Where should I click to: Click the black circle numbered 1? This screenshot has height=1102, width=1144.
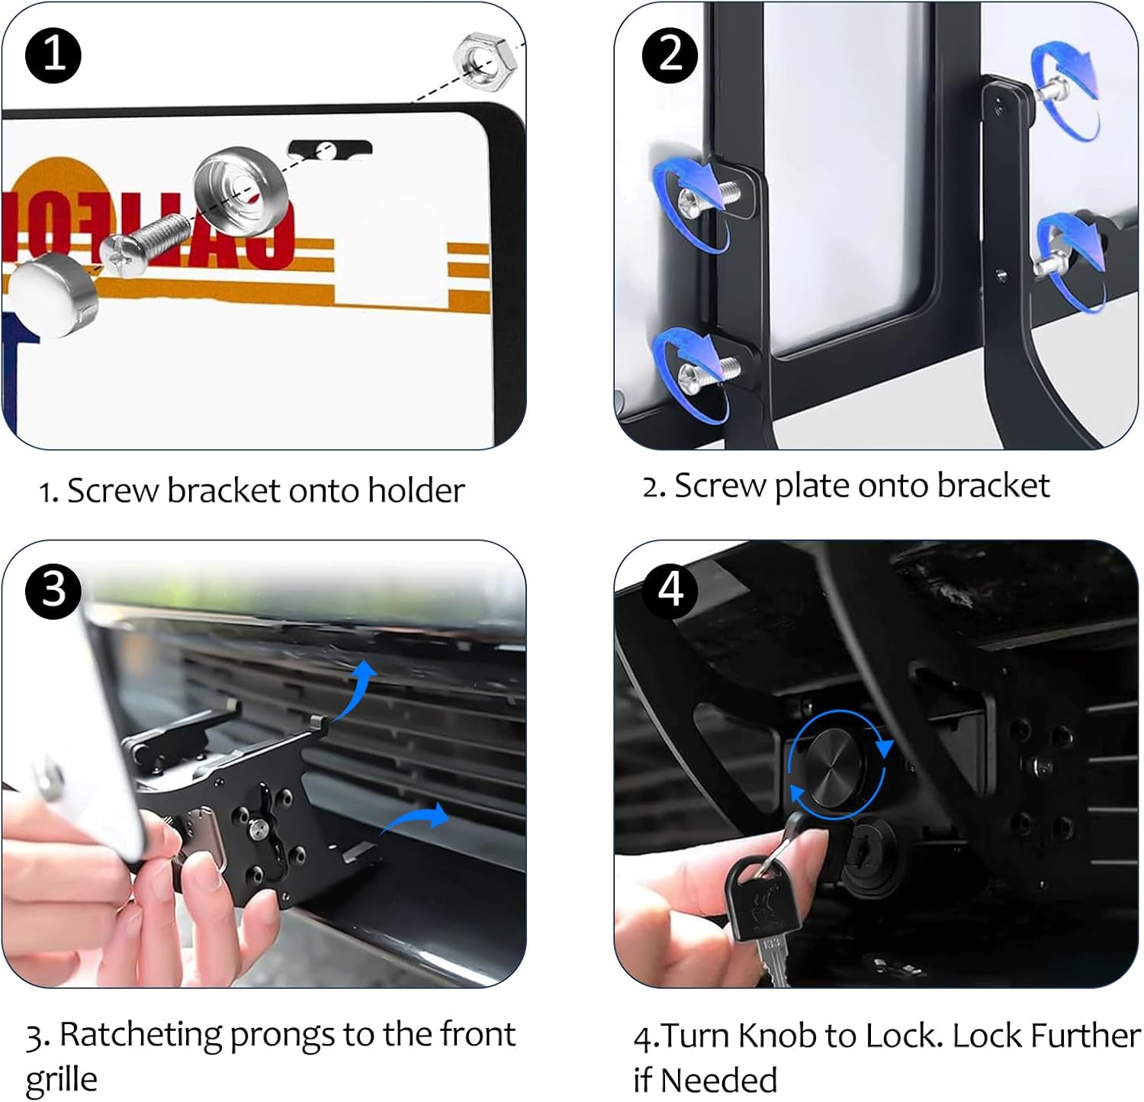click(53, 55)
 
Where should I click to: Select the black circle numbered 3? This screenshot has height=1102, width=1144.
click(53, 590)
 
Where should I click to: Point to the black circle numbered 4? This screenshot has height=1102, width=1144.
click(670, 590)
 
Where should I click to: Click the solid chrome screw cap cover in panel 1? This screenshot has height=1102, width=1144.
click(53, 294)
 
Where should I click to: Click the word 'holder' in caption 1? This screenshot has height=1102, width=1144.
click(416, 490)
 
